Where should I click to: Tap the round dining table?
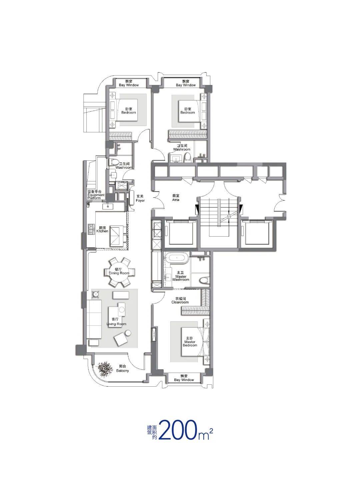[x=119, y=272]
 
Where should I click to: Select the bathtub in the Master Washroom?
[x=177, y=258]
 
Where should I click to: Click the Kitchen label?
[x=102, y=230]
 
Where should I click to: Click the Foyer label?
[x=140, y=198]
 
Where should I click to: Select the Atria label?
[x=176, y=198]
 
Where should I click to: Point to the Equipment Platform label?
[x=96, y=195]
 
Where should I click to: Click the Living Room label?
[x=116, y=322]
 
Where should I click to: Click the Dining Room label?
[x=119, y=271]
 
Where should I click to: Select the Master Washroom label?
[x=181, y=276]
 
